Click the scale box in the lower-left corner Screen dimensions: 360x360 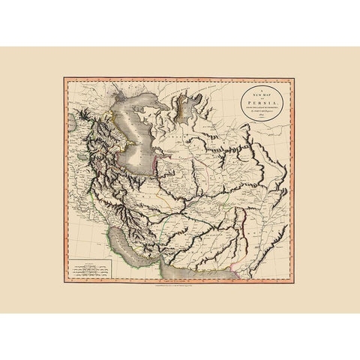tap(88, 264)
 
